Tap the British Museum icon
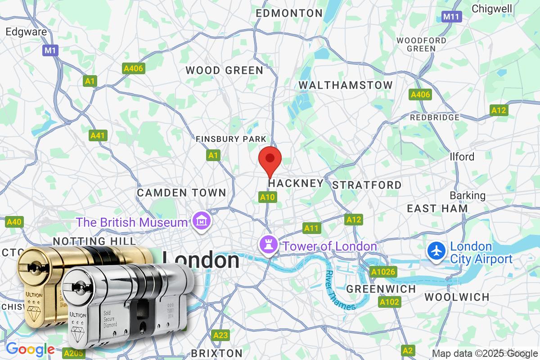point(198,221)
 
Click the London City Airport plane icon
point(436,252)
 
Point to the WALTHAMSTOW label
point(346,85)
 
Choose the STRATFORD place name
point(367,185)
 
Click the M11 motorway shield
point(452,17)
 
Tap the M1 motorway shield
point(50,50)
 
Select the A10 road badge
point(267,197)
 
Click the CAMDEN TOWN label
point(182,193)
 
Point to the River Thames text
point(341,290)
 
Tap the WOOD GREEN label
point(225,70)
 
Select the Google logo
point(30,349)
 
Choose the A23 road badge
point(221,335)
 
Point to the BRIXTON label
point(216,353)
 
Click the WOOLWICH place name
point(457,297)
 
